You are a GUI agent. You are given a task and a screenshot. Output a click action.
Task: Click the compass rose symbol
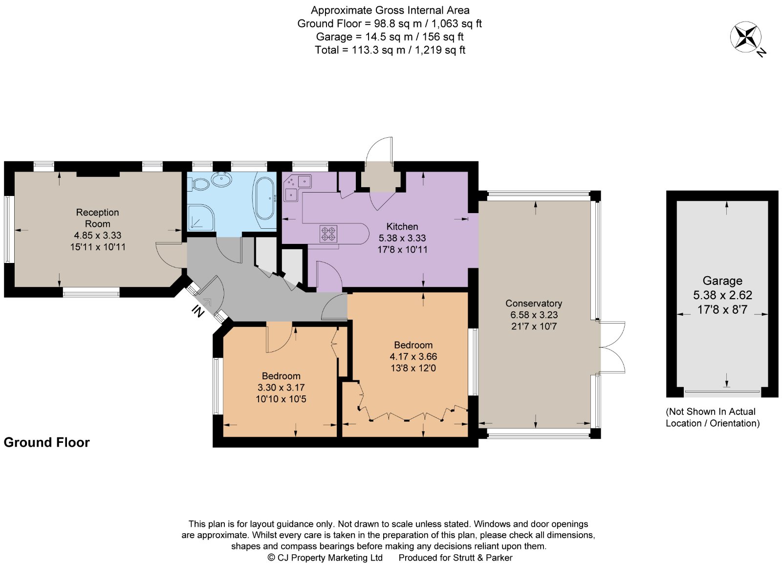tap(745, 37)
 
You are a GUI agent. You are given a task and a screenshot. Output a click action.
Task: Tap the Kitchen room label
tap(402, 227)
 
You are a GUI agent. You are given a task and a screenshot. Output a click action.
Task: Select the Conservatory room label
tap(534, 304)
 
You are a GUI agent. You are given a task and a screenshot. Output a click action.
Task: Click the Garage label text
tap(722, 281)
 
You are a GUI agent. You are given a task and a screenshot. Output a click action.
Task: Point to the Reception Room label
tap(97, 218)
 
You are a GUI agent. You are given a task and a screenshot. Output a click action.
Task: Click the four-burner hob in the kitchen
tap(328, 234)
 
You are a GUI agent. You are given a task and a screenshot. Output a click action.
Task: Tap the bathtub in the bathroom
tap(265, 198)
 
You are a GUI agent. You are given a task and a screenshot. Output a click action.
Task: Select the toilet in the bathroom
tap(198, 184)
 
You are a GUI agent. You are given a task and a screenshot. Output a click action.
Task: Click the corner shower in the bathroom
tap(201, 217)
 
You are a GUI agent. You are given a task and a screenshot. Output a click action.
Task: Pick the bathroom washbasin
tap(221, 179)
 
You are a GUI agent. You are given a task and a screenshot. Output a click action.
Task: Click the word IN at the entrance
tap(197, 312)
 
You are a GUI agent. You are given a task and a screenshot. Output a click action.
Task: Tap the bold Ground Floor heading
tap(47, 442)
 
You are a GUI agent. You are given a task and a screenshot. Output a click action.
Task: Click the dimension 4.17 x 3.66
tap(413, 356)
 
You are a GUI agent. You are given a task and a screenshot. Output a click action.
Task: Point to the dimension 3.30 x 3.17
tap(281, 388)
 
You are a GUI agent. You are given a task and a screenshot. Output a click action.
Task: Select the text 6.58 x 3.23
tap(534, 315)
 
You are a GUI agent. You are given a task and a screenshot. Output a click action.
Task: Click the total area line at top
tap(390, 50)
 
